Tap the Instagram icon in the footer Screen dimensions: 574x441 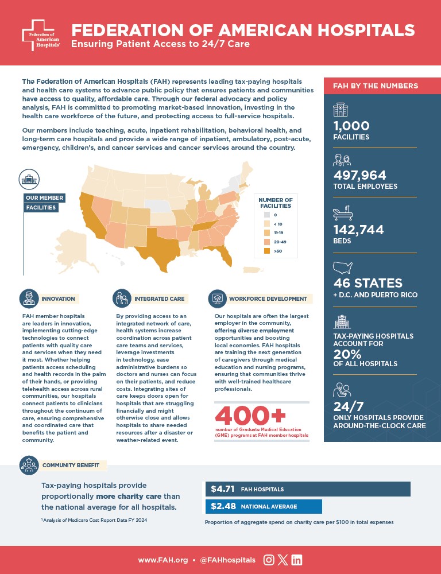pyautogui.click(x=268, y=560)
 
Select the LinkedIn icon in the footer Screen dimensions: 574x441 pyautogui.click(x=296, y=560)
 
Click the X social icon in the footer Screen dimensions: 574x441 pyautogui.click(x=282, y=560)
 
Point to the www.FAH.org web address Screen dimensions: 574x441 pyautogui.click(x=163, y=560)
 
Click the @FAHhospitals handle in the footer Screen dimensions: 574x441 pyautogui.click(x=227, y=560)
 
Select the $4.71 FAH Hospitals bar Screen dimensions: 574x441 pyautogui.click(x=307, y=489)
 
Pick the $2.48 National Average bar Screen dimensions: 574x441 pyautogui.click(x=263, y=506)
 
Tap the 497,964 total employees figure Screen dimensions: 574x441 pyautogui.click(x=359, y=175)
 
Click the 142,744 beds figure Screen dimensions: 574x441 pyautogui.click(x=359, y=230)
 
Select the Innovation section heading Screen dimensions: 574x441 pyautogui.click(x=58, y=299)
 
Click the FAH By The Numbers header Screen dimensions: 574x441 pyautogui.click(x=376, y=86)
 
